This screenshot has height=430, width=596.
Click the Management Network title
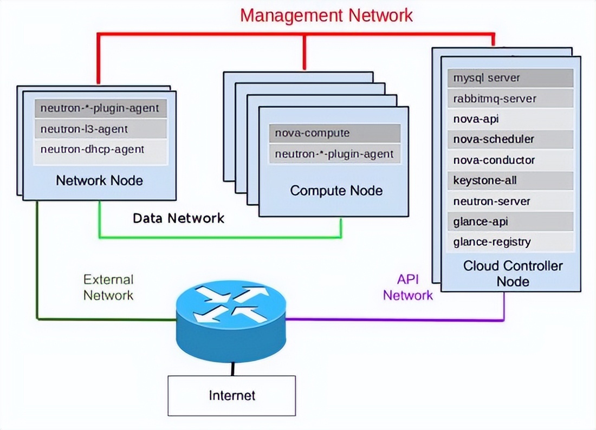coord(326,15)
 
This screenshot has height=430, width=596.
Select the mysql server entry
coord(510,78)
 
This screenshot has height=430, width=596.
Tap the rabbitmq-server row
coord(510,99)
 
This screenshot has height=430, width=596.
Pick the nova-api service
coord(510,119)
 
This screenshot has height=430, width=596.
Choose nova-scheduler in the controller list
coord(510,139)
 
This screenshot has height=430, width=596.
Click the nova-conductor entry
coord(510,160)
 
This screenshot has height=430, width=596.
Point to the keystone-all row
coord(510,181)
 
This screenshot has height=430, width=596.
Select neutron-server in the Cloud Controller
coord(510,201)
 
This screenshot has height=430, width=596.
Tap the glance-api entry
coord(510,221)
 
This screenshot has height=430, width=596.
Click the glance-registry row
coord(510,242)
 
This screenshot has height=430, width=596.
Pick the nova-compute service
coord(334,133)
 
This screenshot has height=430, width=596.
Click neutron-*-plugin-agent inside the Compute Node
coord(334,154)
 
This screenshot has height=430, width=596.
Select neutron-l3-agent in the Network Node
coord(100,129)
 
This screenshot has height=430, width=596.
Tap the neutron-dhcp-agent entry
coord(100,149)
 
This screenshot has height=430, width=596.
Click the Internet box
coord(232,395)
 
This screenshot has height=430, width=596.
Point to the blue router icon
coord(231,320)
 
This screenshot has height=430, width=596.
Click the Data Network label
coord(178,218)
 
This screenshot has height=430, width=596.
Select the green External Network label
coord(108,287)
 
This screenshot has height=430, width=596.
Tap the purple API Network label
coord(407,287)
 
